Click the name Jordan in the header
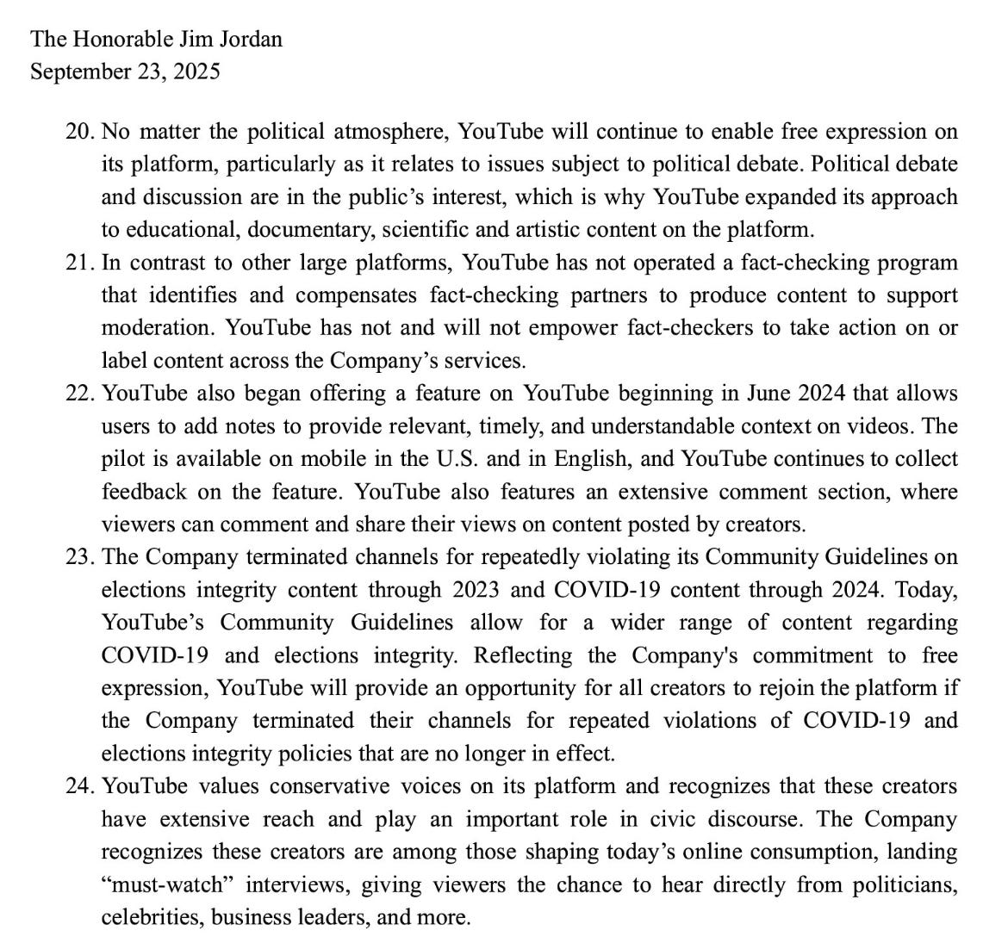pos(252,39)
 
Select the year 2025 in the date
pos(196,71)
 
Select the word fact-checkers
pos(683,328)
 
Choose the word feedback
pos(143,492)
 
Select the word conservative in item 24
pos(329,786)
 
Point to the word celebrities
pos(152,917)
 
